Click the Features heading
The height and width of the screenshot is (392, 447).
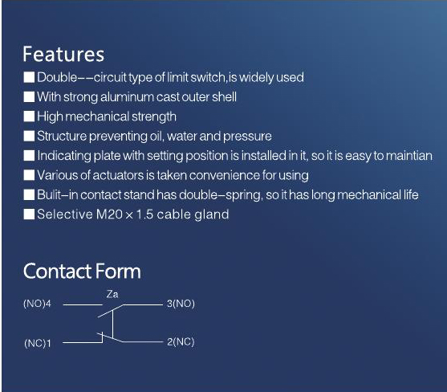[x=63, y=54]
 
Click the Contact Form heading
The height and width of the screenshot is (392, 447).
[x=82, y=271]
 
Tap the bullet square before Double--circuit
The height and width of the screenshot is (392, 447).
[x=29, y=77]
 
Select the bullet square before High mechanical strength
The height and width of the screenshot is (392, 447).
[x=29, y=116]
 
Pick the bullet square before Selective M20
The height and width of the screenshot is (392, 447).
[x=29, y=214]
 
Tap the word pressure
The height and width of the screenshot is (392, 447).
[x=247, y=137]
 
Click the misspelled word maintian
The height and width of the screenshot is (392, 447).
[x=408, y=156]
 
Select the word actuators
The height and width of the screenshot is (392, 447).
[x=118, y=175]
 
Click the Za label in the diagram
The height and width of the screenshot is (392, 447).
[x=112, y=294]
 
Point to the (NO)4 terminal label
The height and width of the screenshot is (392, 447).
[x=38, y=304]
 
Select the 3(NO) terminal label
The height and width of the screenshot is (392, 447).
[x=181, y=304]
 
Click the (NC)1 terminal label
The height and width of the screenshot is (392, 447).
[x=38, y=343]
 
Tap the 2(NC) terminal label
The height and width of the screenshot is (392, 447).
[x=181, y=341]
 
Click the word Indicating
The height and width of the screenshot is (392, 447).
[x=64, y=157]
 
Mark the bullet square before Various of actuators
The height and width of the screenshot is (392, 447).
[x=29, y=175]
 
